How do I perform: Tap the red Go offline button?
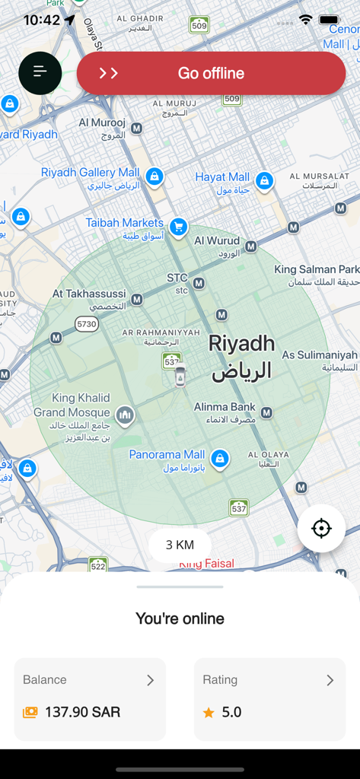point(211,73)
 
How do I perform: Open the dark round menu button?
point(40,73)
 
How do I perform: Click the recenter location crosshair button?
point(321,528)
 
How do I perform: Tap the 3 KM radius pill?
point(180,545)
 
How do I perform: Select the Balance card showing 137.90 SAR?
point(90,699)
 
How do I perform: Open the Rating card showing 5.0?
point(269,699)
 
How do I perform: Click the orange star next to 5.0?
point(209,713)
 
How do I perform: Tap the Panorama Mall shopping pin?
point(220,459)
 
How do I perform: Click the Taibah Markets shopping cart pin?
point(178,226)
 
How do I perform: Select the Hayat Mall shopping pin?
point(264,180)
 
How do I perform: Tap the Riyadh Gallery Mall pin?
point(155,176)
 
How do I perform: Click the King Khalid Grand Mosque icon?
point(125,415)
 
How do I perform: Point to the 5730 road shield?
point(87,324)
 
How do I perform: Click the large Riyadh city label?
point(241,357)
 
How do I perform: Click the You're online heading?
point(180,618)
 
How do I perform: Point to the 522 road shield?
point(98,565)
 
